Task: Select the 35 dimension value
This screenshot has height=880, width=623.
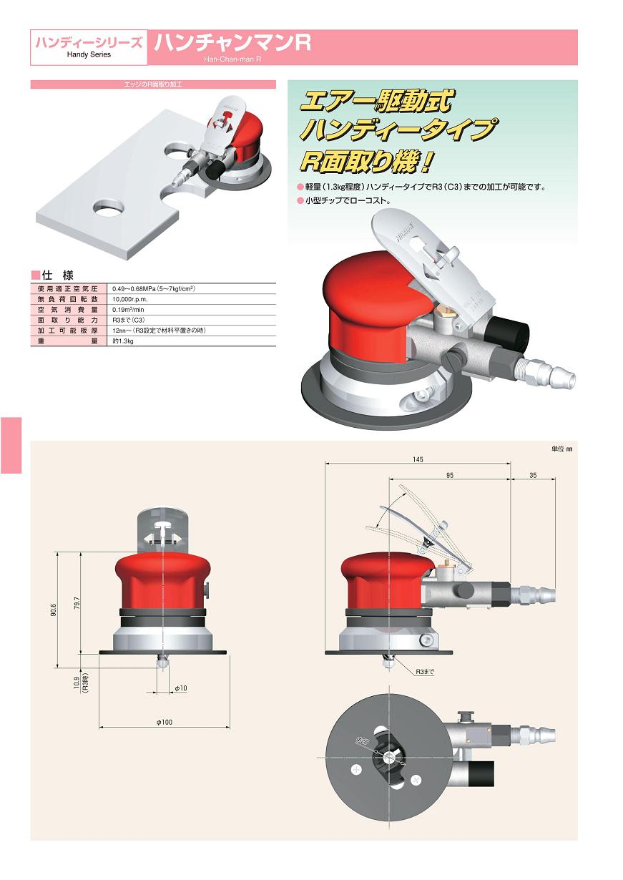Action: coord(534,474)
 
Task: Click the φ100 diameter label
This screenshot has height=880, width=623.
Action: coord(164,722)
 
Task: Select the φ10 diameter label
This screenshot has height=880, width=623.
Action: coord(181,688)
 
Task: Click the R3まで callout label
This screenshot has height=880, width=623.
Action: coord(425,672)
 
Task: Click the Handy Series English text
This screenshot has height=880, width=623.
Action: coord(89,54)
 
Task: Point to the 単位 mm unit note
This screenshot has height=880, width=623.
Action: coord(563,449)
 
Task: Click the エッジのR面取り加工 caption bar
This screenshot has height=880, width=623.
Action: coord(153,84)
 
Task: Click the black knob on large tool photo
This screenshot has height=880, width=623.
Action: coord(506,331)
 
